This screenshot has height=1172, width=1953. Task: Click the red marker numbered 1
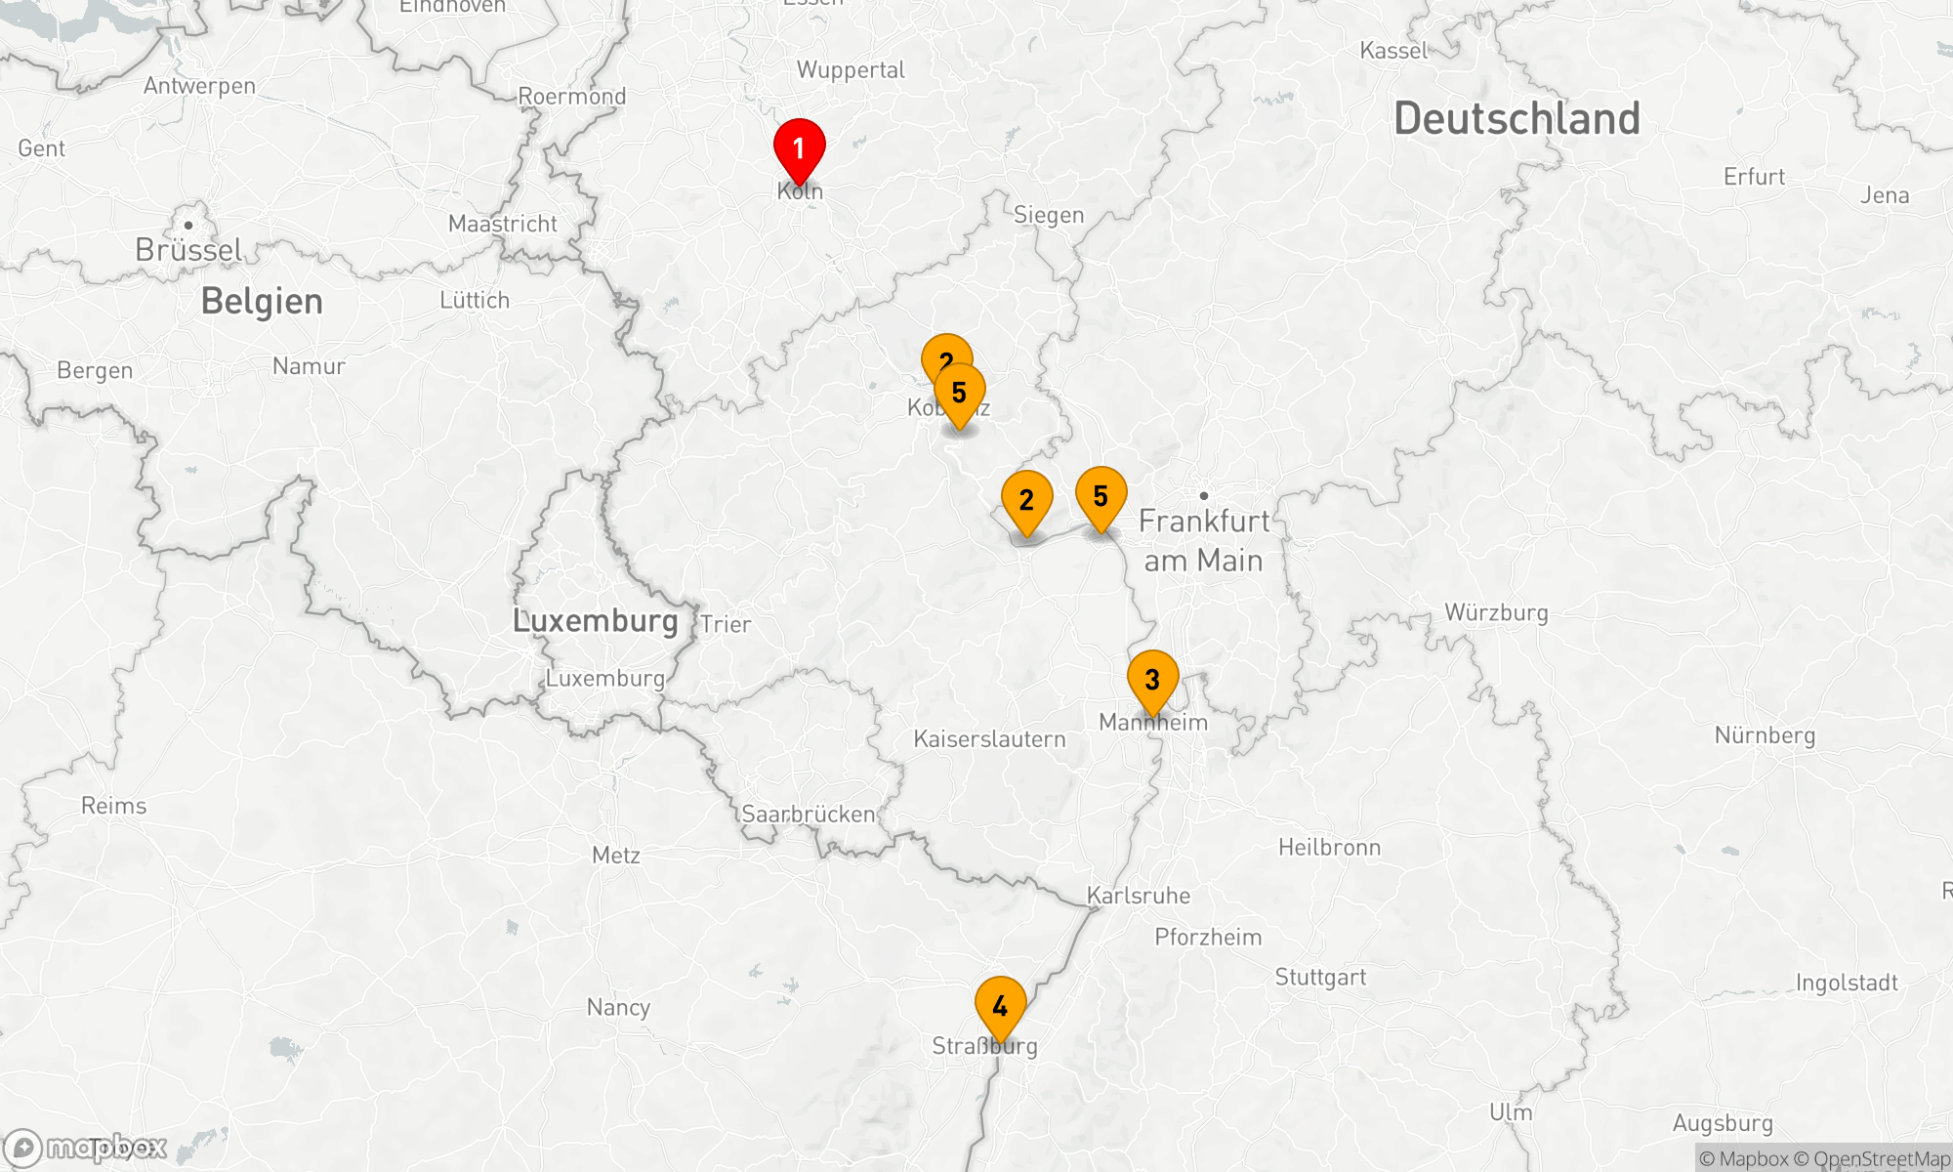[799, 148]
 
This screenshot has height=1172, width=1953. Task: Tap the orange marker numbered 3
[1152, 680]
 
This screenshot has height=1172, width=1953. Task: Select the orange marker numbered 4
[1000, 1006]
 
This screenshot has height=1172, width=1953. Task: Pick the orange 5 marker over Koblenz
[959, 394]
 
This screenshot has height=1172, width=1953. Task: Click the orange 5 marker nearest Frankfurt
[1101, 497]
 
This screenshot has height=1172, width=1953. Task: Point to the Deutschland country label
[1517, 119]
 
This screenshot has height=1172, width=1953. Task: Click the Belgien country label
[262, 302]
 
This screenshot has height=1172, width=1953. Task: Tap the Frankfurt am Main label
[1204, 540]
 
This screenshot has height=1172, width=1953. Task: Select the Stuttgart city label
[1320, 978]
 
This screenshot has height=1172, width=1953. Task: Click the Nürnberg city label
[1765, 735]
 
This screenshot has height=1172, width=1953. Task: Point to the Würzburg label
[1496, 613]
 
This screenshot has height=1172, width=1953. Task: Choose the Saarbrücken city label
[809, 815]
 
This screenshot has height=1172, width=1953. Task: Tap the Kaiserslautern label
[989, 739]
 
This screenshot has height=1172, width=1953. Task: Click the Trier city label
[726, 625]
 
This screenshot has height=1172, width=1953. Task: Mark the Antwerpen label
[199, 86]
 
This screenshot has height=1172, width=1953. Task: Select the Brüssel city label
[188, 250]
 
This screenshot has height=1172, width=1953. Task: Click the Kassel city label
[1393, 51]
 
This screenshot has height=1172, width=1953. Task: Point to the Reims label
[113, 806]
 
